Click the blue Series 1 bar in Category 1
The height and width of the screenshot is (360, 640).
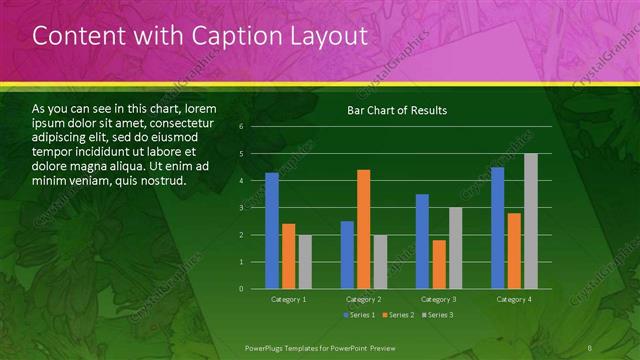(x=272, y=231)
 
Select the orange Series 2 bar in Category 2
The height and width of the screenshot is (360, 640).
(x=364, y=229)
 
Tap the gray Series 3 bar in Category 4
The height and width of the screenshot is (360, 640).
(x=531, y=221)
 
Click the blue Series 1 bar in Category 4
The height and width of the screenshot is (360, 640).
(x=498, y=228)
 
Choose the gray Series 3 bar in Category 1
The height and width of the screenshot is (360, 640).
(x=305, y=262)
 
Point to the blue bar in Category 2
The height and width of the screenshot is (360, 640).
(x=347, y=255)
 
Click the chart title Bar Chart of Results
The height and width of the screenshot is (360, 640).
(x=397, y=110)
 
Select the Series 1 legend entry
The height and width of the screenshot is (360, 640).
(x=360, y=316)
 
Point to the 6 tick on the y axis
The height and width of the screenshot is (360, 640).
(x=241, y=127)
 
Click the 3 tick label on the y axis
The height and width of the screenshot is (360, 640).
(x=241, y=208)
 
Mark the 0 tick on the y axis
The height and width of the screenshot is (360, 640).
(x=241, y=289)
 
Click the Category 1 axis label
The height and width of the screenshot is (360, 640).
(x=289, y=299)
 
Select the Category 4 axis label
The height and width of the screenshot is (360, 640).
(x=514, y=299)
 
